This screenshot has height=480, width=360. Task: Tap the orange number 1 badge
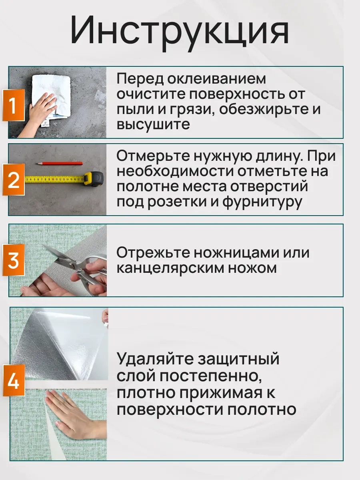coord(14,105)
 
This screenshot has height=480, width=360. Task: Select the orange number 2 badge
coord(14,180)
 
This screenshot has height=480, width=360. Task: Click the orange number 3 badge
coord(14,260)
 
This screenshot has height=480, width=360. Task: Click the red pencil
coord(59,163)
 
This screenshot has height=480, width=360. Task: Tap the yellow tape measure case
coord(94,180)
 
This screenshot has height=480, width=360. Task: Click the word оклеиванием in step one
coord(217,79)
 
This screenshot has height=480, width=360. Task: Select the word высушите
coord(153,125)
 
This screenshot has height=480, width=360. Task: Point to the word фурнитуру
coord(262,202)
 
